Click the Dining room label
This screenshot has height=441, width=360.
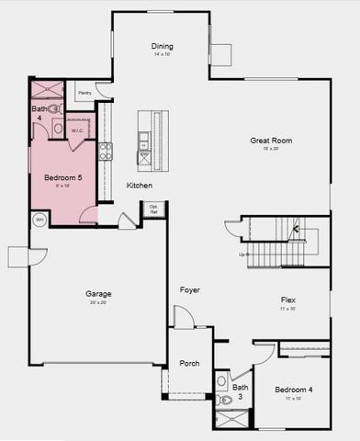[162, 47]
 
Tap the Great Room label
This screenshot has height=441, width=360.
[270, 141]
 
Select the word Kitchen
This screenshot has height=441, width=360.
[140, 186]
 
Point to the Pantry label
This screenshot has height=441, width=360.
[84, 93]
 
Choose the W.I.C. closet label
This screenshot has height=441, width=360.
[77, 130]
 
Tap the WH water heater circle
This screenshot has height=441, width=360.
[39, 220]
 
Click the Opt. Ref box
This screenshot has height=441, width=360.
[153, 209]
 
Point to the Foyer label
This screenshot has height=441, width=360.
[190, 290]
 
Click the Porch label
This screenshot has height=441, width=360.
[189, 362]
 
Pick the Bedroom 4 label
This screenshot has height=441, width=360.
[294, 390]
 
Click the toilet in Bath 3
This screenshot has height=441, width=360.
[224, 400]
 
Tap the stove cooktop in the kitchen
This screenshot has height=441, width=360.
[106, 151]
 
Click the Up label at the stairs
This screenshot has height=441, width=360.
[242, 254]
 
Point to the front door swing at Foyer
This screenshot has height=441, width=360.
[184, 318]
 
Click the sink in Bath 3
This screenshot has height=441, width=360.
[221, 379]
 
